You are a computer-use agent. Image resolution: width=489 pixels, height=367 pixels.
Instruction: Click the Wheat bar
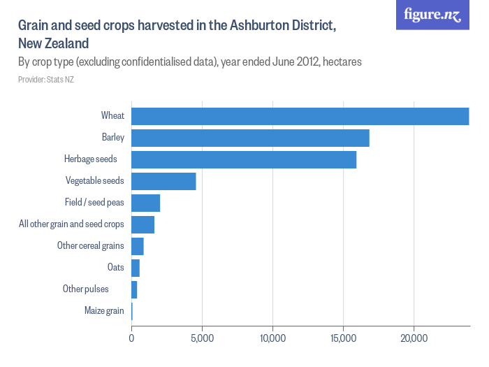pos(300,116)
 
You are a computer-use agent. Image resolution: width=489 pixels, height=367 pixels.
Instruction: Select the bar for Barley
pos(250,138)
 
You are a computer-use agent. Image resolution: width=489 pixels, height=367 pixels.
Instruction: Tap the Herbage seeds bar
pos(244,159)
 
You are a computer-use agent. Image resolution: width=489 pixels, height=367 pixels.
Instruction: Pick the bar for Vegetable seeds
pos(163,181)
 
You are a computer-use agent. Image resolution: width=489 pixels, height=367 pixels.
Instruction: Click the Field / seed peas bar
pos(145,203)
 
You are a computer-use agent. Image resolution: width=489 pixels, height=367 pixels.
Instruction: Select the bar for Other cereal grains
pos(138,246)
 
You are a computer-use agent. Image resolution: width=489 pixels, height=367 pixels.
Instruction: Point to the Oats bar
pos(136,268)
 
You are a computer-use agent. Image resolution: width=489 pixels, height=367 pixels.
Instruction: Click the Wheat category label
pos(112,116)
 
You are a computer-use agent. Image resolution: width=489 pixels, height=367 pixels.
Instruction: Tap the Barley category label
pos(112,138)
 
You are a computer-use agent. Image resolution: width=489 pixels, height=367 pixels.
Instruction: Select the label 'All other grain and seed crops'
pos(71,224)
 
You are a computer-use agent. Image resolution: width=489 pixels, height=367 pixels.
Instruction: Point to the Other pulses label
pos(85,289)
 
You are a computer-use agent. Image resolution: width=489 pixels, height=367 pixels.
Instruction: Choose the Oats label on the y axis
pos(115,268)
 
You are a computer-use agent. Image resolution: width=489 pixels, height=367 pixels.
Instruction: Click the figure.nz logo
pos(432,15)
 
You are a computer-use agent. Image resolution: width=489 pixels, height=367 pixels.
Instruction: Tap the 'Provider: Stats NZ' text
pos(45,80)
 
